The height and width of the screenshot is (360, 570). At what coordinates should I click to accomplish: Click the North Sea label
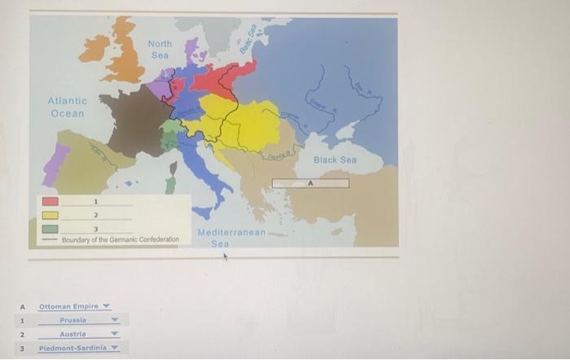pyautogui.click(x=160, y=48)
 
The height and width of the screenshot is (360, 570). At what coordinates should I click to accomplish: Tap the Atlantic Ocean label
pyautogui.click(x=67, y=107)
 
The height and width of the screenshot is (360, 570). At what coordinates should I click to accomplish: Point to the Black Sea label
pyautogui.click(x=335, y=160)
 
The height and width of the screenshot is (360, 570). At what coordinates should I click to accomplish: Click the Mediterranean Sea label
pyautogui.click(x=231, y=238)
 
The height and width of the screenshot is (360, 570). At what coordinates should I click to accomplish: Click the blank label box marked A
pyautogui.click(x=310, y=184)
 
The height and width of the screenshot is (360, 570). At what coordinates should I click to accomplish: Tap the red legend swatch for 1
pyautogui.click(x=50, y=200)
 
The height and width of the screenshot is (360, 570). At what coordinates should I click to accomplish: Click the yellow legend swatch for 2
pyautogui.click(x=50, y=215)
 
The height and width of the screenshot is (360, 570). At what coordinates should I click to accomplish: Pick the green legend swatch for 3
pyautogui.click(x=50, y=229)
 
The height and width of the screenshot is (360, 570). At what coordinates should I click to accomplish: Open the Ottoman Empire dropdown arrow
pyautogui.click(x=106, y=306)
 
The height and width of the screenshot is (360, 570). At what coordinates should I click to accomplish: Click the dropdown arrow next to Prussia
pyautogui.click(x=115, y=320)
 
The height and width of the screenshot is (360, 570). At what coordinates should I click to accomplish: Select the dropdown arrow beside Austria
pyautogui.click(x=115, y=334)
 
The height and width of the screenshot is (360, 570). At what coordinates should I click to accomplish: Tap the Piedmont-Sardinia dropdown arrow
pyautogui.click(x=115, y=348)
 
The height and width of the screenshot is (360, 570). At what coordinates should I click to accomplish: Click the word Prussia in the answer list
pyautogui.click(x=74, y=320)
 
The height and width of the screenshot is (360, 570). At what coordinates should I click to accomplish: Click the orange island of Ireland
pyautogui.click(x=94, y=48)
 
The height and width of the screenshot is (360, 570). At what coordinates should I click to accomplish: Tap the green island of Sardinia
pyautogui.click(x=170, y=184)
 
